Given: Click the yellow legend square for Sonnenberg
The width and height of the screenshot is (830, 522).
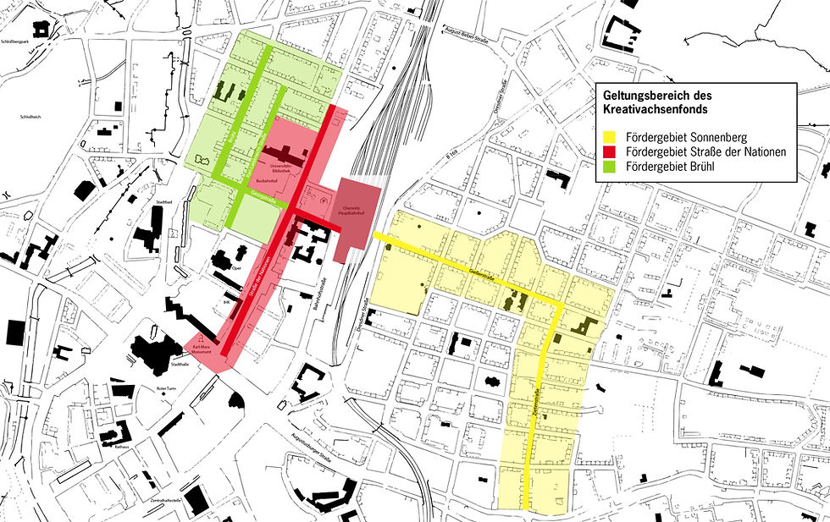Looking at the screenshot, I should point(607,137).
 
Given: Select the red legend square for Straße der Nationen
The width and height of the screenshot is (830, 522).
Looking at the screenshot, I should point(607,151).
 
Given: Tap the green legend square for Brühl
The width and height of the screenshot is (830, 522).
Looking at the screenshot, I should point(607,166).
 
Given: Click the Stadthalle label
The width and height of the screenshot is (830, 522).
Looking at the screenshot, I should point(180,365).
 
